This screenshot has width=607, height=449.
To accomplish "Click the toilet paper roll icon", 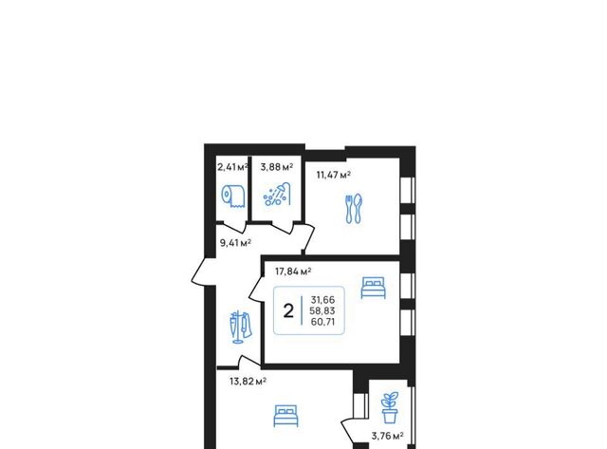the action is (233, 196).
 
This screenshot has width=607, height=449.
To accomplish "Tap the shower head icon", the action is (277, 194).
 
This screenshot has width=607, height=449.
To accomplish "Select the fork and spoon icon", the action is (354, 209).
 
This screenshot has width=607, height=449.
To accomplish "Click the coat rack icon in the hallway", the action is (240, 327).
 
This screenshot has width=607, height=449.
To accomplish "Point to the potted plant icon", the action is (390, 407).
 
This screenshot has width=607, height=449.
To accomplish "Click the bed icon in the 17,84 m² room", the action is (373, 288).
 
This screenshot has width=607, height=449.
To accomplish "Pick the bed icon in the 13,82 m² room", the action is (286, 416).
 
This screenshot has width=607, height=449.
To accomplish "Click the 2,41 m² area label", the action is (232, 167).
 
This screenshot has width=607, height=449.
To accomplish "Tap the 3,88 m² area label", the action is (277, 167).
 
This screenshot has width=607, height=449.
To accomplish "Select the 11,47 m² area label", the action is (334, 175).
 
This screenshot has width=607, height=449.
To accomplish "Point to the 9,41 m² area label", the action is (235, 243).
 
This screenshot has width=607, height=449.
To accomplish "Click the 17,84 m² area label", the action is (293, 271).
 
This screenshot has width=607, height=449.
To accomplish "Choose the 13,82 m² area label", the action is (248, 382).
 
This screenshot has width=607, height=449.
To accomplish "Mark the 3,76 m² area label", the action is (388, 436).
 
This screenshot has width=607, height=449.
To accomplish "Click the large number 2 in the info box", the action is (288, 310).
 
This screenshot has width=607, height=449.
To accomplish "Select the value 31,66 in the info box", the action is (322, 300).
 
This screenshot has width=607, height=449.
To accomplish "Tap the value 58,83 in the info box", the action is (322, 310).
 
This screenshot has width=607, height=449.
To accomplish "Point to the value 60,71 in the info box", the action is (322, 322).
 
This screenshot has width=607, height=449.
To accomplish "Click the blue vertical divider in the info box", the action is (302, 310).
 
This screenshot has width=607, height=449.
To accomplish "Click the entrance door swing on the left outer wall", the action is (200, 271).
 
